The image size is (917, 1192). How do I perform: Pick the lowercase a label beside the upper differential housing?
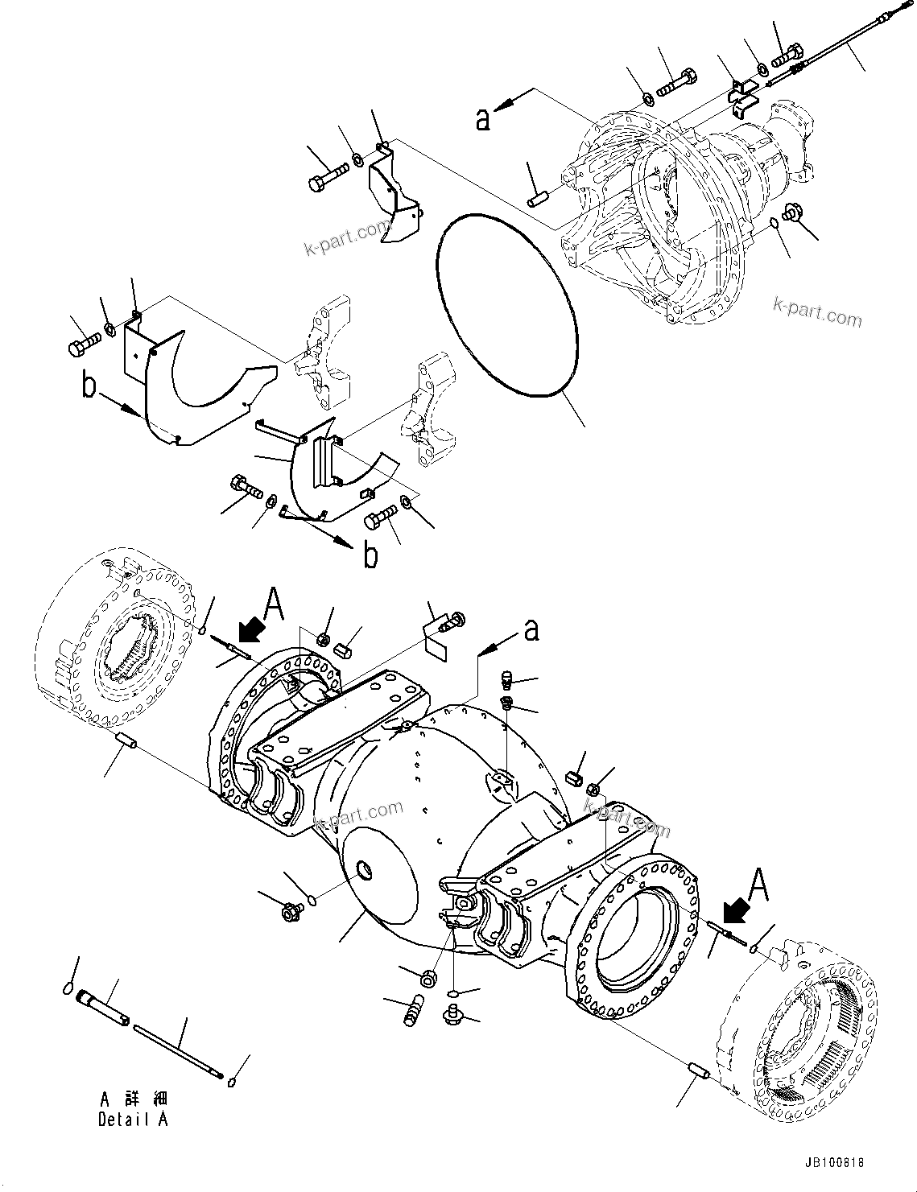[483, 118]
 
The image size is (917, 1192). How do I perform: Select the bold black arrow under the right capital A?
[736, 910]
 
